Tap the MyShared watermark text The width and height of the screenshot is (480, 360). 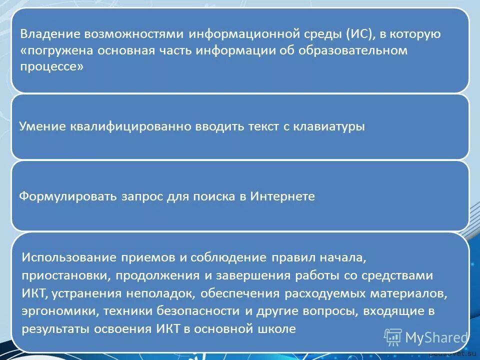click(435, 338)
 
